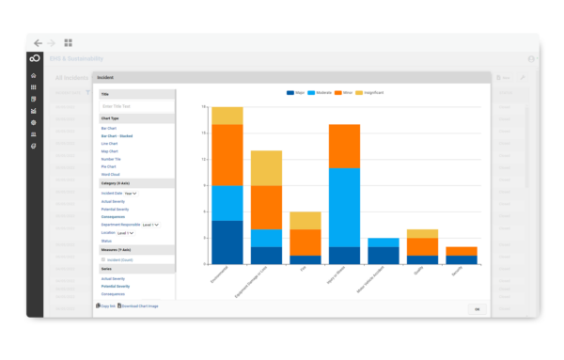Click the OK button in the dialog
click(x=476, y=308)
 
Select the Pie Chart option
click(x=110, y=166)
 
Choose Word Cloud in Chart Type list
click(x=111, y=174)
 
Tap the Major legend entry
click(x=294, y=93)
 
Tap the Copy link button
click(x=105, y=305)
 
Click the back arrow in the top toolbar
click(x=38, y=43)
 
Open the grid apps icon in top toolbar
click(x=68, y=43)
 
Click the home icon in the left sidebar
click(x=33, y=75)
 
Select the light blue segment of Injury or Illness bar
click(x=344, y=207)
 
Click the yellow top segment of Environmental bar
click(x=227, y=115)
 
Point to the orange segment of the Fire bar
click(x=305, y=243)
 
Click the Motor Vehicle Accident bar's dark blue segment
click(x=383, y=255)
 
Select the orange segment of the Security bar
click(x=461, y=251)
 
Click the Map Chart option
click(x=110, y=151)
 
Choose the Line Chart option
click(x=110, y=144)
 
